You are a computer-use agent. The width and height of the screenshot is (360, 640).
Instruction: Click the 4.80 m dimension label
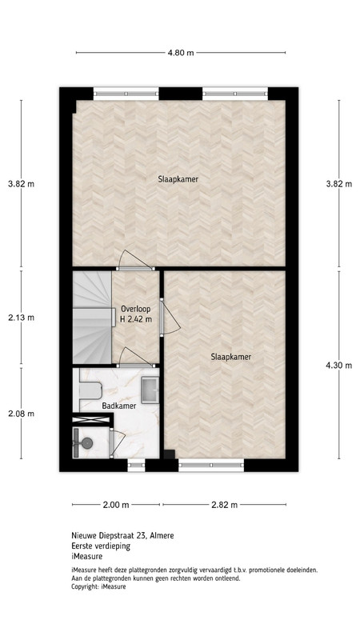point(181,53)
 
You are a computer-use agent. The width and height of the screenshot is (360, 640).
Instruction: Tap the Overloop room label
point(136,309)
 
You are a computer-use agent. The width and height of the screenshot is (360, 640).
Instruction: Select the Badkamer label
point(118,406)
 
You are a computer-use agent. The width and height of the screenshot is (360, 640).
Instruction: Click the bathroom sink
point(150,390)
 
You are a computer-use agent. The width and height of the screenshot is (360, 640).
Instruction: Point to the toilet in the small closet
point(83,442)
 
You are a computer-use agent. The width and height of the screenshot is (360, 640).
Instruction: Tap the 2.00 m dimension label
point(116,505)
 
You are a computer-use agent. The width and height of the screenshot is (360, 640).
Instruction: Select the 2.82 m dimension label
point(225,505)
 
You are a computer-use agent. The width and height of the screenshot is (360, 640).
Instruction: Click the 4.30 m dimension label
point(338,366)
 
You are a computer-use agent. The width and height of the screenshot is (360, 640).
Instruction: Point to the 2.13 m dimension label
point(22,317)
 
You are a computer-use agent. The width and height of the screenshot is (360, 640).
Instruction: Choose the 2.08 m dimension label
point(22,414)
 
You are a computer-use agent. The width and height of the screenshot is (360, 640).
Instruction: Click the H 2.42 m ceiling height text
point(136,319)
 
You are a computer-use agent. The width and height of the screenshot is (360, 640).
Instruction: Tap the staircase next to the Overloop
point(92,317)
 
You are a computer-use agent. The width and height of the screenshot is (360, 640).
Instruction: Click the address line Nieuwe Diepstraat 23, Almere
point(122,535)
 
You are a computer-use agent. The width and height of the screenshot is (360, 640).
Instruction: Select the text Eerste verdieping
point(101,546)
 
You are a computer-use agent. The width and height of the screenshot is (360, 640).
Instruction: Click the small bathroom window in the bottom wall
point(136,465)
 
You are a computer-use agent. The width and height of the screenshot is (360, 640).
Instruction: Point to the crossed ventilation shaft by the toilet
point(91,418)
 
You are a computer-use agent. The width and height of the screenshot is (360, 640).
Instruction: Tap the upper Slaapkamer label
point(178,178)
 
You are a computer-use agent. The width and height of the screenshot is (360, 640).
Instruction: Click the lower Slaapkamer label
point(231,357)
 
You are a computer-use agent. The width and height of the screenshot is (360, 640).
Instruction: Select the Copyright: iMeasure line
point(98,586)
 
